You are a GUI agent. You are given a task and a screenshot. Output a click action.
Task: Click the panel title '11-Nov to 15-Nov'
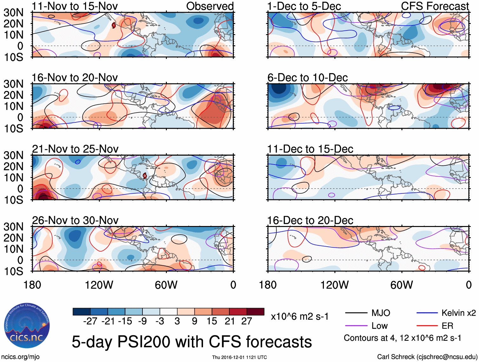75,6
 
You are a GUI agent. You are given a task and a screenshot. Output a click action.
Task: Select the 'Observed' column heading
210,6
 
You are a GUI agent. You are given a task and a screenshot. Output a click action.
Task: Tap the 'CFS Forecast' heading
435,6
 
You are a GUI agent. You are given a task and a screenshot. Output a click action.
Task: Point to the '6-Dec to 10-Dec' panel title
307,78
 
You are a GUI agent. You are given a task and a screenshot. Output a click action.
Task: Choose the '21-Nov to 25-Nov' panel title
75,149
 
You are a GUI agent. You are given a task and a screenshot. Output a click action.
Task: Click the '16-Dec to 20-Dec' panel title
310,220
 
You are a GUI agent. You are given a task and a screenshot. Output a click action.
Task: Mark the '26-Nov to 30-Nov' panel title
75,220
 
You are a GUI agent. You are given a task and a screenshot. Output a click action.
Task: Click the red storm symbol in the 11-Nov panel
114,25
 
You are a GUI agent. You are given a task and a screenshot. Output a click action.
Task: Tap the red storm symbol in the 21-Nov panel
145,176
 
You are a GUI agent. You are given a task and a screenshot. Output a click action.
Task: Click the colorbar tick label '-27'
90,321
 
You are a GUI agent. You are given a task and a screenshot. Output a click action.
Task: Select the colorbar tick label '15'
212,321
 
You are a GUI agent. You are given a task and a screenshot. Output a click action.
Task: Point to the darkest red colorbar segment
255,312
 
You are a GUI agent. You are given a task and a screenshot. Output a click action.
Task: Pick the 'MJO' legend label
381,313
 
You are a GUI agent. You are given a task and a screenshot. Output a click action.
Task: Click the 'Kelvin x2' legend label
458,313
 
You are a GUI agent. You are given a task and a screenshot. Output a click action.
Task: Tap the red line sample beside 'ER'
427,326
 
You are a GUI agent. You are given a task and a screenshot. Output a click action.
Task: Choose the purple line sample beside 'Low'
356,326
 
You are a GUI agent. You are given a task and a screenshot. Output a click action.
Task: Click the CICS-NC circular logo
27,326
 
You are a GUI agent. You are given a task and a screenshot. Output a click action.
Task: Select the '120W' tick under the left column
99,285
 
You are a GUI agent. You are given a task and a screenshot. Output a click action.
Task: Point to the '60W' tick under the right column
402,285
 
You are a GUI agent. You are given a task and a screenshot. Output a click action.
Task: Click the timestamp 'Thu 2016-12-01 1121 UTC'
239,357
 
